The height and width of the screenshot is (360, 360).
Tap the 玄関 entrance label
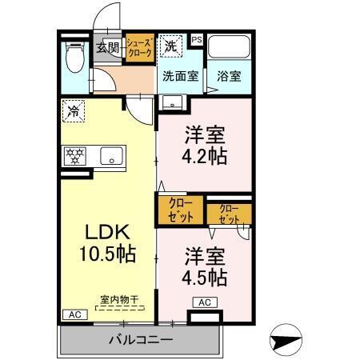(x=108, y=48)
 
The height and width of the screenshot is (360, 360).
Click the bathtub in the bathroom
(x=230, y=49)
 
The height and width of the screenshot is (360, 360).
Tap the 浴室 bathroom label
(x=230, y=77)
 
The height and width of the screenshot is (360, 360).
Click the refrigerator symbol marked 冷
(x=74, y=110)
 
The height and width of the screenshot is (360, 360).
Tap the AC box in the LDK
(x=73, y=314)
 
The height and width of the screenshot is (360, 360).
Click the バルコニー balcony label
(x=141, y=340)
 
